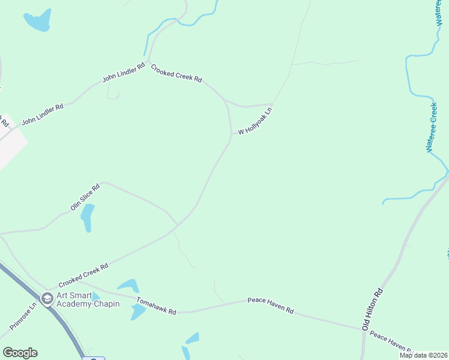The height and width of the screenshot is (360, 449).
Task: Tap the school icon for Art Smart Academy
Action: point(47,298)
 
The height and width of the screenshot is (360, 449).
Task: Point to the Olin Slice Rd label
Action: point(85,197)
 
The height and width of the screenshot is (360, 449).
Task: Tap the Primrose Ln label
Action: point(23,316)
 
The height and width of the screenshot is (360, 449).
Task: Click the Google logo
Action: point(20,352)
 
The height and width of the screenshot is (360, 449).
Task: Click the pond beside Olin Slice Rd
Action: point(88,217)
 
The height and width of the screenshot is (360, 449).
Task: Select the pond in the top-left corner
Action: point(37,21)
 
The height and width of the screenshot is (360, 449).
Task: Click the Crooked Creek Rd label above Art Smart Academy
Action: point(83,275)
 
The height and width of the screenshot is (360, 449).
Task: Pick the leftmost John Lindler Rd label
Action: point(42,115)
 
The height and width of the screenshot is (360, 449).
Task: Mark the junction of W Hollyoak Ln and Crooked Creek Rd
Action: point(232,133)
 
